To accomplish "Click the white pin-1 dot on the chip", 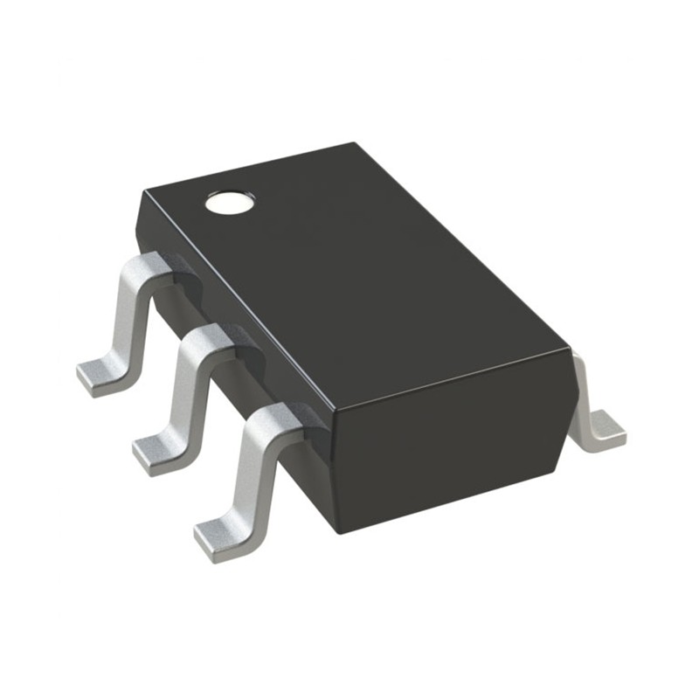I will pyautogui.click(x=230, y=204).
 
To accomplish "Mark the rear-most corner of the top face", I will pyautogui.click(x=354, y=144).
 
